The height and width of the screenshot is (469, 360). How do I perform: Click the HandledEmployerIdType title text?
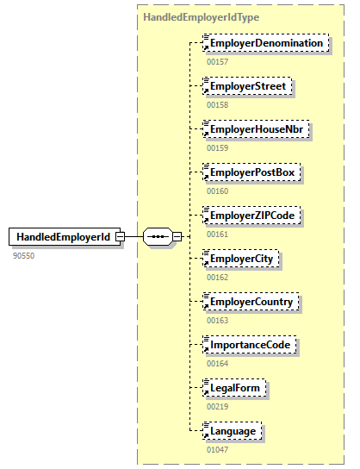[202, 16]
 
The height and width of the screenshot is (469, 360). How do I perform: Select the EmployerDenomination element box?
[265, 43]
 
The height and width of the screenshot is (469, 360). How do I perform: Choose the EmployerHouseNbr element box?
[255, 129]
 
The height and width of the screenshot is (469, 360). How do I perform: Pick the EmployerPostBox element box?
[251, 172]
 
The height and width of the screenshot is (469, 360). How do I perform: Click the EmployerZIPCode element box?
[252, 215]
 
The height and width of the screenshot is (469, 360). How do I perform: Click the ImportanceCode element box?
[251, 344]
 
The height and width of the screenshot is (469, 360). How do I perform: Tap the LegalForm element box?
[233, 387]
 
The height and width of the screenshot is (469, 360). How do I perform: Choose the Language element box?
[231, 430]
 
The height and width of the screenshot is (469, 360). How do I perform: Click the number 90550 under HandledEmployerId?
[24, 256]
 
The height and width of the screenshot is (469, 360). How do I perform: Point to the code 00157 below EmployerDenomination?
[218, 62]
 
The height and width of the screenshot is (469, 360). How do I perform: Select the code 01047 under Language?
[218, 449]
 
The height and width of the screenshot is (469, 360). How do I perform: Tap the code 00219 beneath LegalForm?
[218, 406]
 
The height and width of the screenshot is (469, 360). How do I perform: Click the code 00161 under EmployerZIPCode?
[218, 234]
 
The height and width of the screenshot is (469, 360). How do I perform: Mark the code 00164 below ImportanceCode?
[218, 363]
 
